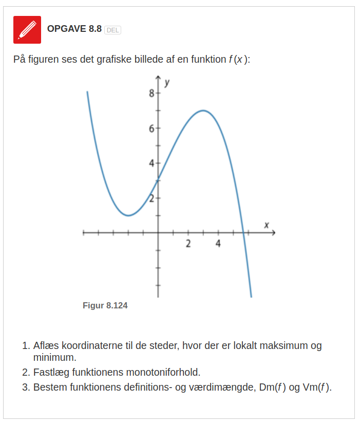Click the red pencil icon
(27, 29)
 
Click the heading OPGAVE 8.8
(74, 29)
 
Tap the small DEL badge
(112, 30)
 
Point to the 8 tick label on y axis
(151, 94)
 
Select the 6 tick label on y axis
(151, 128)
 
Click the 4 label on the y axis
(151, 163)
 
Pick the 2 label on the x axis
(188, 243)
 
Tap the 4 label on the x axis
(218, 243)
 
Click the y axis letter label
(167, 82)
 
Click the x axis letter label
(267, 225)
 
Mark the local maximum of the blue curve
(203, 111)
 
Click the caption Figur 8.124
(105, 305)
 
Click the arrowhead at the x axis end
(273, 233)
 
